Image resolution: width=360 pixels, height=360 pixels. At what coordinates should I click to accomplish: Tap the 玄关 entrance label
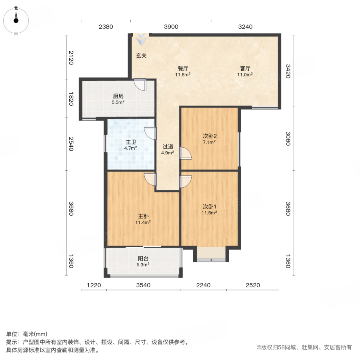(x=141, y=56)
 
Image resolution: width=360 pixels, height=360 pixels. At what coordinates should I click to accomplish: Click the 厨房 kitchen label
(x=118, y=96)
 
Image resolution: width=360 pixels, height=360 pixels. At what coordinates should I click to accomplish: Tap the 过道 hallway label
(x=167, y=146)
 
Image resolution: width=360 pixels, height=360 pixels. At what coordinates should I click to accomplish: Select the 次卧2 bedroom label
(x=209, y=136)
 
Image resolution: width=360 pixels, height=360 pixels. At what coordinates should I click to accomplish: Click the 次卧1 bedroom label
(x=209, y=207)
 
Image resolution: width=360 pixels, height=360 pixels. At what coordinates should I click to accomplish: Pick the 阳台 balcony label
(x=142, y=258)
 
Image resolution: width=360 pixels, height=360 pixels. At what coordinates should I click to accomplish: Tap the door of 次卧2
(x=186, y=153)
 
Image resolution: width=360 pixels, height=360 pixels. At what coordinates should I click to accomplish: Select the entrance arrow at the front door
(x=141, y=40)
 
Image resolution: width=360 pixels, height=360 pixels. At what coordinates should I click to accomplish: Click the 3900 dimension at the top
(x=171, y=27)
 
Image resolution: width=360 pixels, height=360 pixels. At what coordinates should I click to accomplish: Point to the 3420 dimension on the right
(x=288, y=71)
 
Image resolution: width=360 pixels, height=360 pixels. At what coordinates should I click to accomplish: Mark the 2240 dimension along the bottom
(x=203, y=285)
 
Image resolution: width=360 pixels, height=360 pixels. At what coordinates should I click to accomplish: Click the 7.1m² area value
(x=209, y=142)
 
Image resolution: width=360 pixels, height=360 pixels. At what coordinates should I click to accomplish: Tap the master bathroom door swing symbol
(x=150, y=133)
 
